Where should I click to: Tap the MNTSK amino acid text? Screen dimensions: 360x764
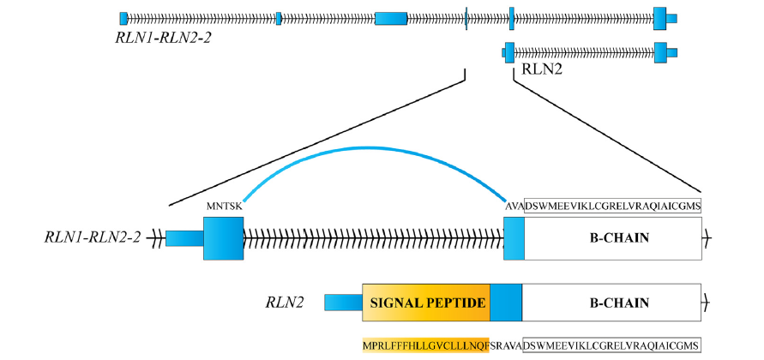click(x=225, y=207)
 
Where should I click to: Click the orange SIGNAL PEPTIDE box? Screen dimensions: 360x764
click(x=426, y=303)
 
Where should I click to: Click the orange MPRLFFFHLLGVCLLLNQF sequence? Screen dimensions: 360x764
click(x=425, y=345)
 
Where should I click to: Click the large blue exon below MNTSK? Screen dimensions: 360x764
click(x=223, y=237)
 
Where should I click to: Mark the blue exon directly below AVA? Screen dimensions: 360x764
click(x=514, y=237)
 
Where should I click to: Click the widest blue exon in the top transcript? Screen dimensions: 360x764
click(x=391, y=18)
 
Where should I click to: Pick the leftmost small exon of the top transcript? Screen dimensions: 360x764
click(x=123, y=18)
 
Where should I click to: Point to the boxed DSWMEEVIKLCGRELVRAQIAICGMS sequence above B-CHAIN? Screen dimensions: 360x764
click(x=612, y=206)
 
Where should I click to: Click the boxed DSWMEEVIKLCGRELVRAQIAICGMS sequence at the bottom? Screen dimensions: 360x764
click(x=611, y=345)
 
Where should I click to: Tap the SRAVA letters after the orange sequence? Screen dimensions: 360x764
click(x=505, y=345)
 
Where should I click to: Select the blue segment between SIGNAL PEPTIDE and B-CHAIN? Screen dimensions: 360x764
click(x=505, y=303)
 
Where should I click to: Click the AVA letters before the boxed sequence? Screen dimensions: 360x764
click(x=514, y=206)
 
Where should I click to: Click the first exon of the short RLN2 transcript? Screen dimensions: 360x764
click(x=509, y=51)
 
